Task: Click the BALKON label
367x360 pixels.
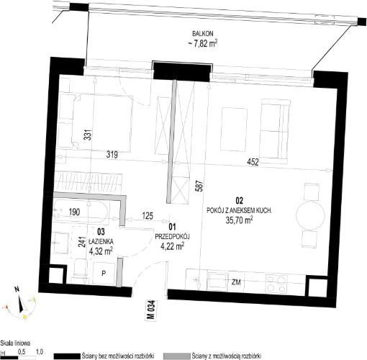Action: [x=202, y=34]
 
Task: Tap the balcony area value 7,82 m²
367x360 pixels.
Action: [x=203, y=44]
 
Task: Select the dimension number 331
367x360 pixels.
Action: [x=89, y=135]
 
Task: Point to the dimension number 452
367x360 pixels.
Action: [x=253, y=162]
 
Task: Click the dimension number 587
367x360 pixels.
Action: [x=200, y=186]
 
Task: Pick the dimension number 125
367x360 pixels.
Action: [x=148, y=215]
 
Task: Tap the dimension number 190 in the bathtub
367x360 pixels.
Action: [x=74, y=212]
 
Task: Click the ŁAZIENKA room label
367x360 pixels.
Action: [x=101, y=241]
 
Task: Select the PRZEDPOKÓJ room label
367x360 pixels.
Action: [x=172, y=237]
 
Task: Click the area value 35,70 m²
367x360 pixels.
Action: [x=239, y=220]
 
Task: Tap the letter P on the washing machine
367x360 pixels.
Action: [x=104, y=273]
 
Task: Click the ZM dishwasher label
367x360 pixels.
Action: [x=236, y=282]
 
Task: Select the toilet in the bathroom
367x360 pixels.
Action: [x=80, y=269]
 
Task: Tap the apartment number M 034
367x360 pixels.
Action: [x=151, y=310]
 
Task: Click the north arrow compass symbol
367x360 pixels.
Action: [x=21, y=303]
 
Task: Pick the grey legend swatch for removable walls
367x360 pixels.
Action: [x=176, y=356]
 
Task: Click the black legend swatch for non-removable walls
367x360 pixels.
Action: [x=67, y=356]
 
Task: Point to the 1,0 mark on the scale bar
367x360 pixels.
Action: [x=40, y=352]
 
